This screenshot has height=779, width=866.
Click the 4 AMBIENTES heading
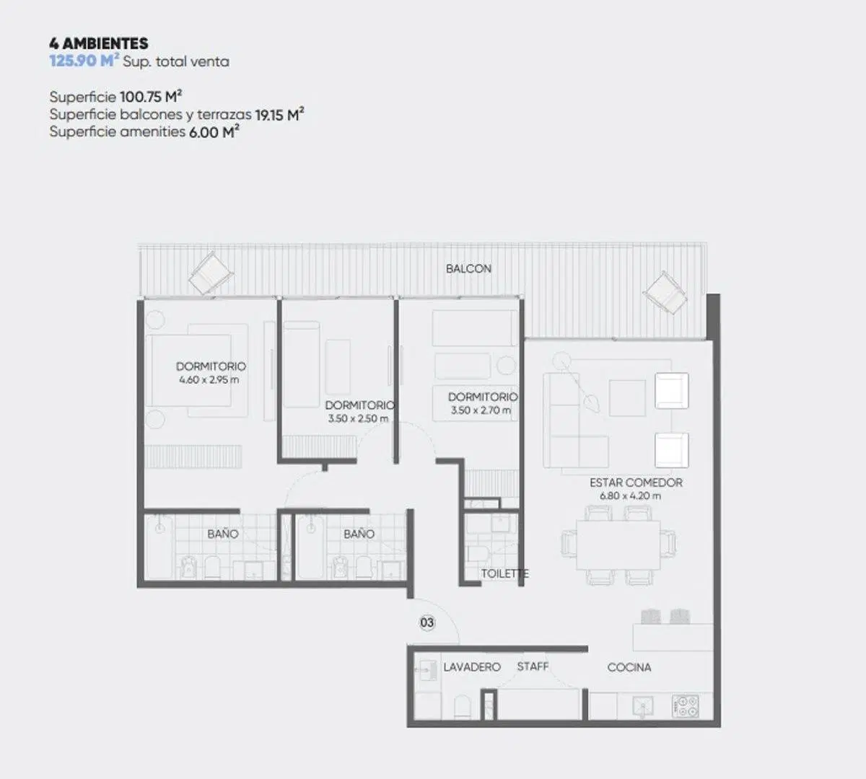(x=98, y=43)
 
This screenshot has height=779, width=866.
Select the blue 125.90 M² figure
(x=84, y=61)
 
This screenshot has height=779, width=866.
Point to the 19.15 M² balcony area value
(x=279, y=115)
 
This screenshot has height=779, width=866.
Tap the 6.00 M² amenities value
(x=214, y=131)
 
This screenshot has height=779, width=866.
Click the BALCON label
(x=468, y=269)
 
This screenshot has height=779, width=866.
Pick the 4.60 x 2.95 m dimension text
(x=209, y=380)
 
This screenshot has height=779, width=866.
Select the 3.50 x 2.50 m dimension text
(x=358, y=418)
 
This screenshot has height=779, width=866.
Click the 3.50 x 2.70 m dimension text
(x=481, y=410)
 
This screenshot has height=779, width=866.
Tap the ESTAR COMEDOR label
(x=636, y=483)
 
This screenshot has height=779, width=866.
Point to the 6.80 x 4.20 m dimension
(x=630, y=496)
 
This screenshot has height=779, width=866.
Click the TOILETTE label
(x=504, y=573)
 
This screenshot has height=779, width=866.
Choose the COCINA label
(x=629, y=667)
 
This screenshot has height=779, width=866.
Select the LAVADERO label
(x=472, y=666)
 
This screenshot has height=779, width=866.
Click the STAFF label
(x=533, y=666)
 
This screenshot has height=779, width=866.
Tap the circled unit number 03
(x=427, y=622)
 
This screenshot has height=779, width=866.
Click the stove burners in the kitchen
(x=686, y=706)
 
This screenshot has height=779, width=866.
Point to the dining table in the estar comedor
(x=618, y=545)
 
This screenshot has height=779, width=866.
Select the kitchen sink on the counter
(x=643, y=707)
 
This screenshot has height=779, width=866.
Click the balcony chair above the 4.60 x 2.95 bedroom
(x=211, y=273)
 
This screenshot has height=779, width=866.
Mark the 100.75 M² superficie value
(x=151, y=97)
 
